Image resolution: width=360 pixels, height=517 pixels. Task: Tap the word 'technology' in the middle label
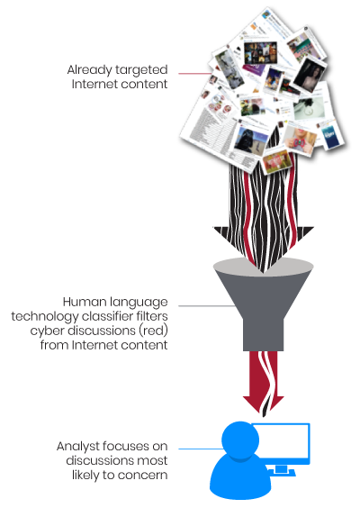tap(45, 316)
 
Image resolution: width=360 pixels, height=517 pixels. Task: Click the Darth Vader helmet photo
tap(250, 141)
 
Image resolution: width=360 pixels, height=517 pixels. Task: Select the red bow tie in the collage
tap(299, 143)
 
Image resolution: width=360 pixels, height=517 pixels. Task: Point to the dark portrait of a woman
tap(310, 75)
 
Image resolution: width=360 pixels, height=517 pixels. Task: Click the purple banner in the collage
tap(253, 69)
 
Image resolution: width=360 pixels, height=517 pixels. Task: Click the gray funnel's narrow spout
tap(263, 334)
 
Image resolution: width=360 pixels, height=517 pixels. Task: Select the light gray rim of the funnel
tap(263, 265)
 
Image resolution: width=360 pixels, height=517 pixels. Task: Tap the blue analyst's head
tap(240, 440)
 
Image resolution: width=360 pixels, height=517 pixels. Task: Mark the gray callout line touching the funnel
tap(207, 306)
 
